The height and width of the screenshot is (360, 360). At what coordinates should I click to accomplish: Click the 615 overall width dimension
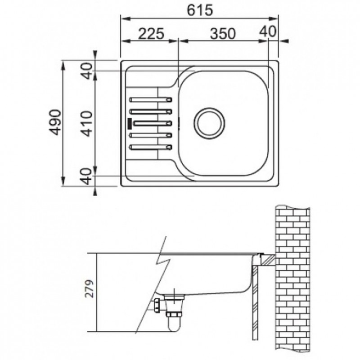[x=200, y=10]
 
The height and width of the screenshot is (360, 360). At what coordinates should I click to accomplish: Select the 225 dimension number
[x=151, y=33]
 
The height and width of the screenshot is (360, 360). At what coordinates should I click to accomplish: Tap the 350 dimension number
[x=223, y=33]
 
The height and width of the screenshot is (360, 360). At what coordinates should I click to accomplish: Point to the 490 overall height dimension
[x=55, y=122]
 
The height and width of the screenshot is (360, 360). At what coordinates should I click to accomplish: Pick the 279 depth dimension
[x=90, y=288]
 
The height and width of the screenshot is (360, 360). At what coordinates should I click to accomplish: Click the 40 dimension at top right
[x=268, y=31]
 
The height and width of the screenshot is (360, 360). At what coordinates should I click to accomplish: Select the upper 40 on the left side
[x=87, y=71]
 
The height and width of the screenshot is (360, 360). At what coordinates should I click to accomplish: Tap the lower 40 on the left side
[x=87, y=176]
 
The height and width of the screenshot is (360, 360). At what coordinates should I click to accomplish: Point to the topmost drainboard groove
[x=151, y=99]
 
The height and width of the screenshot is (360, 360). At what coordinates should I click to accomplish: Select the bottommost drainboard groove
[x=151, y=147]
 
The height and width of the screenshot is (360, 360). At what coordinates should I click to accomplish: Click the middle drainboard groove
[x=153, y=123]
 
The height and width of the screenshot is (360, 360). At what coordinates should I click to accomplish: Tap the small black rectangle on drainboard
[x=130, y=123]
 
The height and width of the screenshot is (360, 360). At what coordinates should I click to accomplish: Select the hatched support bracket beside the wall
[x=267, y=260]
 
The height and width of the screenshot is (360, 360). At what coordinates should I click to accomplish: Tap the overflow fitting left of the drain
[x=158, y=305]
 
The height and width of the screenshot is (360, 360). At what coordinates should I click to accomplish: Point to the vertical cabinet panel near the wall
[x=255, y=303]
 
